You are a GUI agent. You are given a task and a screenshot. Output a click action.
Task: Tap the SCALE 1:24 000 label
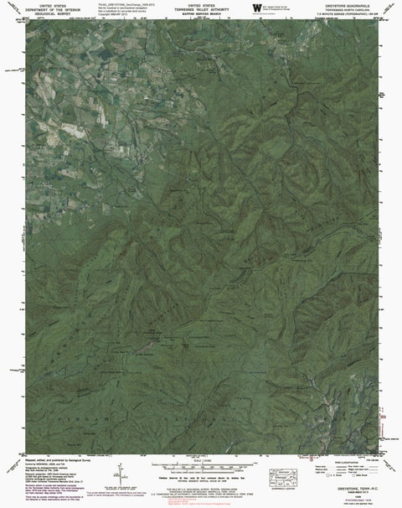200,460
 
